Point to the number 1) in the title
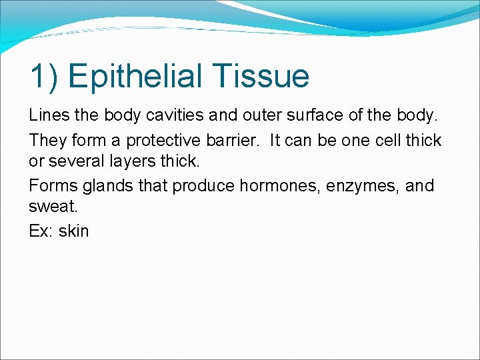[x=45, y=76]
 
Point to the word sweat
[x=49, y=207]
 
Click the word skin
[x=73, y=231]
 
